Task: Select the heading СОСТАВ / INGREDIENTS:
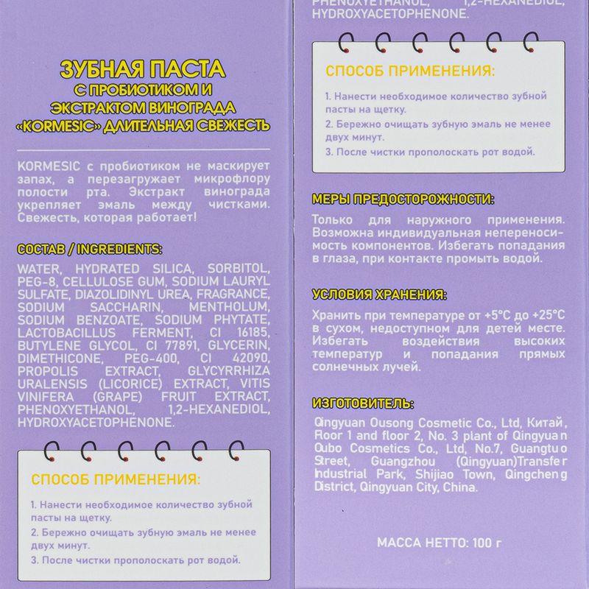[x=89, y=249]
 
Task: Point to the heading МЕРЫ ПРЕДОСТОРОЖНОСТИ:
[x=403, y=200]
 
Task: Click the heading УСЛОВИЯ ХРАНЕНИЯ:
[x=379, y=295]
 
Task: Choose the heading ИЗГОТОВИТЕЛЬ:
[x=362, y=404]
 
